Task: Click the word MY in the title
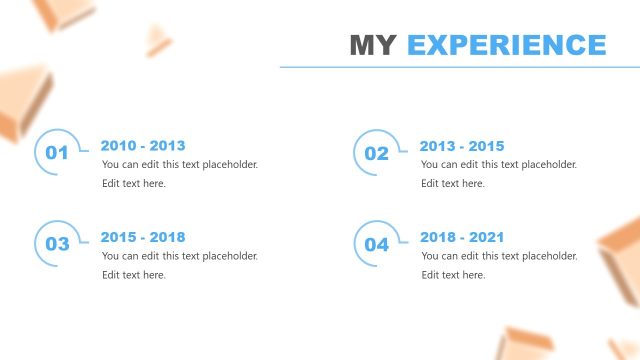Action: click(x=374, y=45)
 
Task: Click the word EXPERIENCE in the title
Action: click(x=507, y=45)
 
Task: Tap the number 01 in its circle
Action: click(x=57, y=153)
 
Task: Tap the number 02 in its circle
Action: click(x=376, y=154)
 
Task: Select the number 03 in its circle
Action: click(x=57, y=244)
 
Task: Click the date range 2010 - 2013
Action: click(x=143, y=146)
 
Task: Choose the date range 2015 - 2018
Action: click(x=143, y=238)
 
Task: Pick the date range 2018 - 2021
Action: click(x=462, y=238)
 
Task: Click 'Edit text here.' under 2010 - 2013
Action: click(x=134, y=183)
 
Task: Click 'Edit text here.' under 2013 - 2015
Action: click(x=453, y=183)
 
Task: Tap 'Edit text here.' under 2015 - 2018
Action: click(x=134, y=275)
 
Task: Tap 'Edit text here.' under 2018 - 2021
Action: click(x=453, y=275)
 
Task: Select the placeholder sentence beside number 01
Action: click(x=180, y=165)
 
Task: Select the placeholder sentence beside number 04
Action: click(x=499, y=256)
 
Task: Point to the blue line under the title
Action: click(x=459, y=67)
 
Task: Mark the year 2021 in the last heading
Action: click(x=485, y=238)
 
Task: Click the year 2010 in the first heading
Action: click(x=119, y=146)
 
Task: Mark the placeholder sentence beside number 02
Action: click(x=499, y=165)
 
